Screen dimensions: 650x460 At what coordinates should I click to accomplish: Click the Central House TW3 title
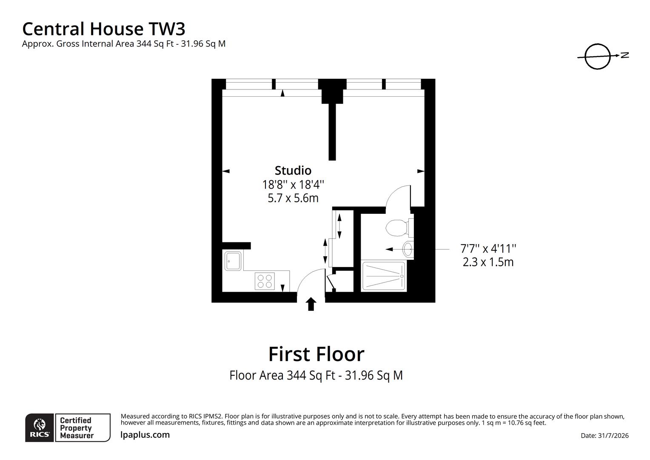tap(104, 29)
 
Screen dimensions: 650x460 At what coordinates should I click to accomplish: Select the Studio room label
tap(293, 170)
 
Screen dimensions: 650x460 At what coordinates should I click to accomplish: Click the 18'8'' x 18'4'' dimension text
tap(293, 184)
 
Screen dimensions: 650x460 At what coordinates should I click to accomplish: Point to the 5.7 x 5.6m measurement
tap(293, 198)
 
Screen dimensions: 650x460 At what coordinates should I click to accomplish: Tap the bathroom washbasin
tap(408, 249)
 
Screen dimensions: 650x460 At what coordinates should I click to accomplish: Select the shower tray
tap(384, 276)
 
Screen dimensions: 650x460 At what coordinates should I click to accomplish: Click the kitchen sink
tap(233, 261)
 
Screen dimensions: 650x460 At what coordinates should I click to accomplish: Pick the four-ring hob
tap(265, 281)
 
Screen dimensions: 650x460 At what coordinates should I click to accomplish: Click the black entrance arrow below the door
tap(311, 304)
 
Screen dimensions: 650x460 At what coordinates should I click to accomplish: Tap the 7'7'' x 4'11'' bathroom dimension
tap(488, 249)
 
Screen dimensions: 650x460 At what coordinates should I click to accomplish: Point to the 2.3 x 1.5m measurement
tap(488, 262)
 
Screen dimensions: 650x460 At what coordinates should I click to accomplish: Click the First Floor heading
tap(316, 354)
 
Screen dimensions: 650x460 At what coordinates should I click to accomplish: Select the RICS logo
tap(40, 428)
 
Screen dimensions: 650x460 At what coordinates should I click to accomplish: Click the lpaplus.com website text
tap(145, 435)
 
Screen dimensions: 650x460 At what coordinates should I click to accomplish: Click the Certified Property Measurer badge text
tap(77, 428)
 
